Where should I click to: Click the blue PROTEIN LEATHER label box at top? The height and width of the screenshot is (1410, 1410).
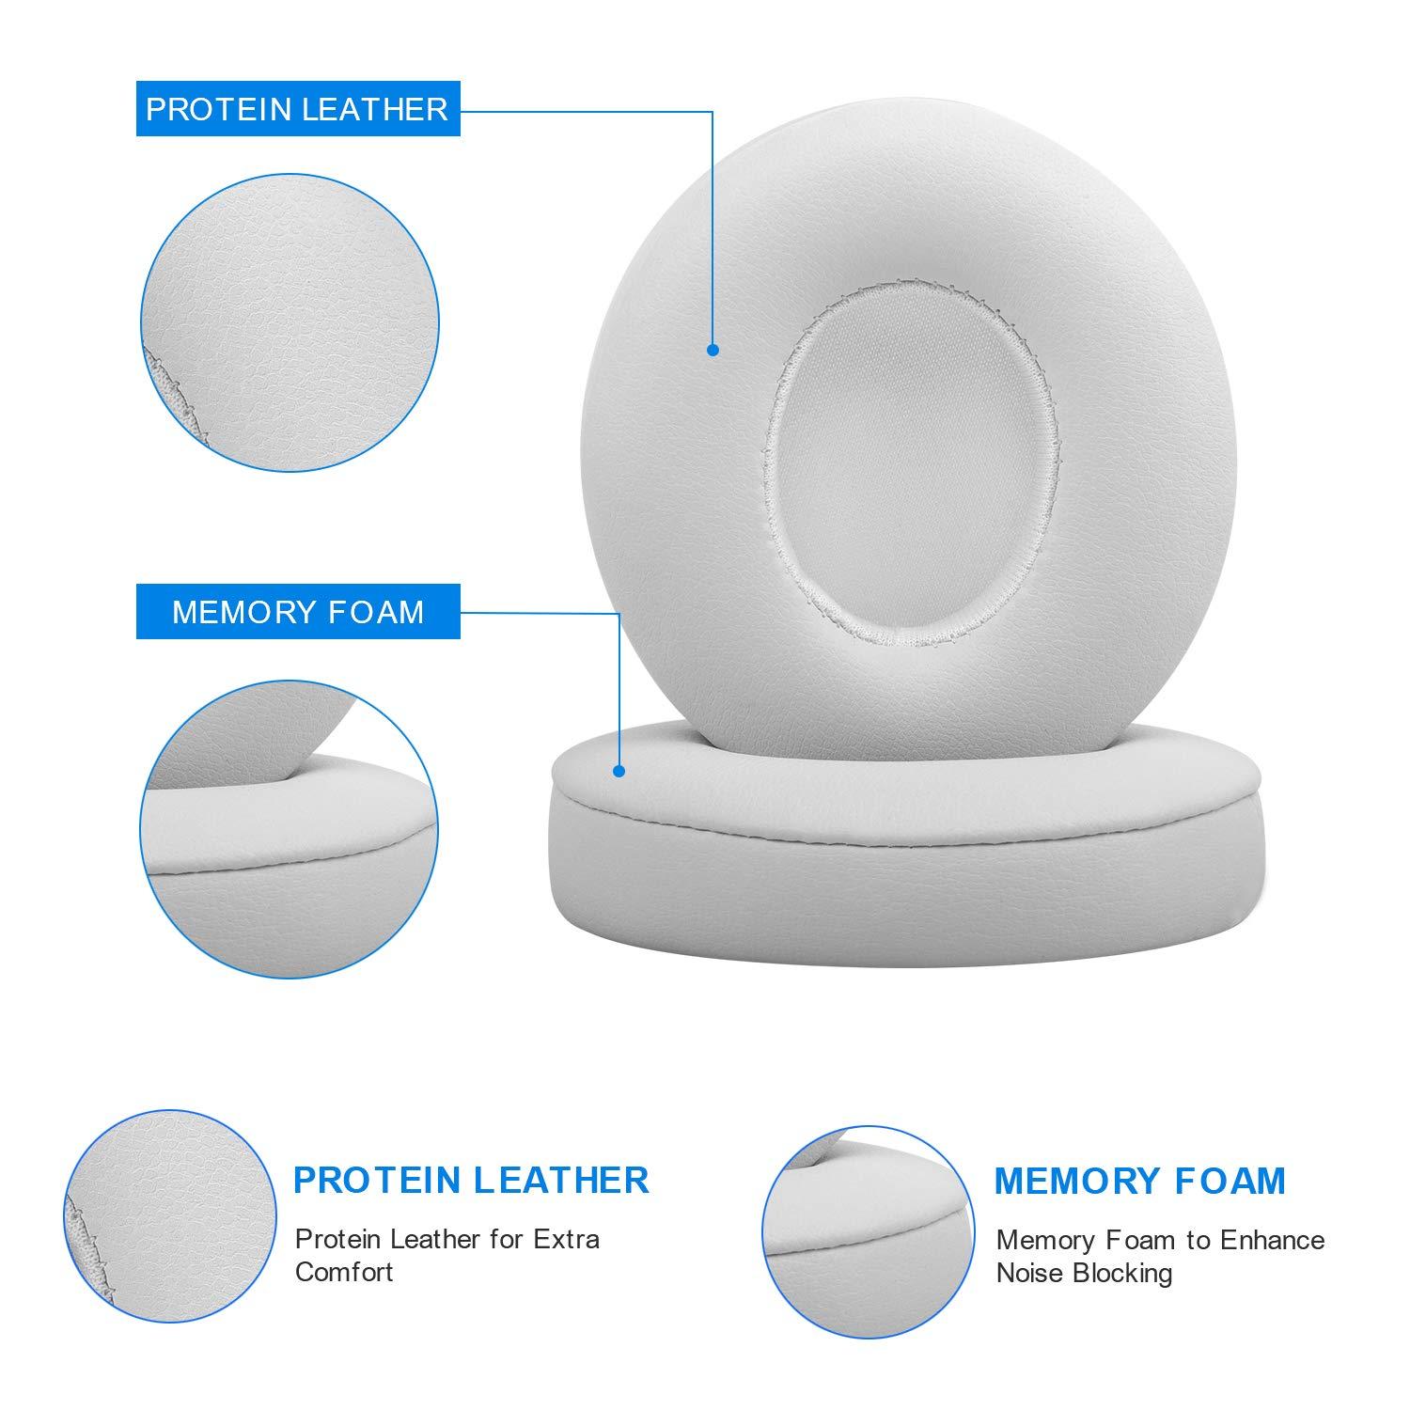[x=298, y=109]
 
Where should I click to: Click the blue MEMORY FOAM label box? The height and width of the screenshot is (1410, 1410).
[x=298, y=612]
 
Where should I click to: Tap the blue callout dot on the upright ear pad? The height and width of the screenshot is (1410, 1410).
[x=713, y=350]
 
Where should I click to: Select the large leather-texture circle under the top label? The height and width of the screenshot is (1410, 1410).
[x=290, y=322]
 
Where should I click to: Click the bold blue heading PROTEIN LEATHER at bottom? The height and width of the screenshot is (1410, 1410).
[x=471, y=1180]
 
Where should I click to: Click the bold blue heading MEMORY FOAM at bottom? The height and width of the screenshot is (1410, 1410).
[x=1139, y=1181]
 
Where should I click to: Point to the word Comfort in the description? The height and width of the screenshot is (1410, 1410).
[x=344, y=1272]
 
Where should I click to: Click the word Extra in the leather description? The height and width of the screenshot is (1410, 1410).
[x=566, y=1239]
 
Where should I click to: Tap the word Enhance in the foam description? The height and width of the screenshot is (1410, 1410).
[x=1273, y=1241]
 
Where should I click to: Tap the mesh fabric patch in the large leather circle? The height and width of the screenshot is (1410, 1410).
[x=169, y=395]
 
